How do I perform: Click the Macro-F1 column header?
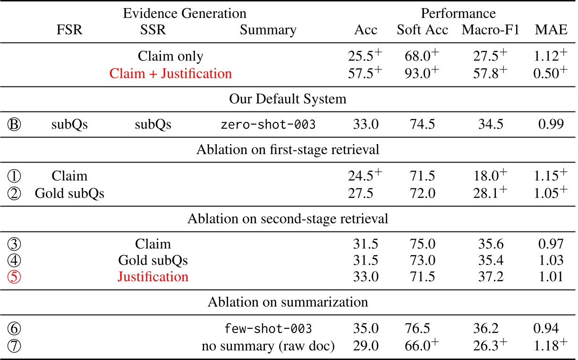click(x=490, y=30)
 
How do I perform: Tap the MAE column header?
click(x=550, y=30)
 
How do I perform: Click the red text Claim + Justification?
click(x=170, y=74)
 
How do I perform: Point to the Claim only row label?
click(x=170, y=56)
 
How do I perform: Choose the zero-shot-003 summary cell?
click(x=268, y=125)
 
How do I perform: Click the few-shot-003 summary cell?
click(x=268, y=329)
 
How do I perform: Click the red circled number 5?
click(x=15, y=277)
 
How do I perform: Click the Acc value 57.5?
click(x=363, y=74)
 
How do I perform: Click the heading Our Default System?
click(x=288, y=100)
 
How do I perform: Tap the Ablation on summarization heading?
click(x=288, y=302)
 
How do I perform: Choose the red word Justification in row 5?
click(x=153, y=276)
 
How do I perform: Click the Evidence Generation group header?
click(x=185, y=13)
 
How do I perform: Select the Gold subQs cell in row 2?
click(x=69, y=193)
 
